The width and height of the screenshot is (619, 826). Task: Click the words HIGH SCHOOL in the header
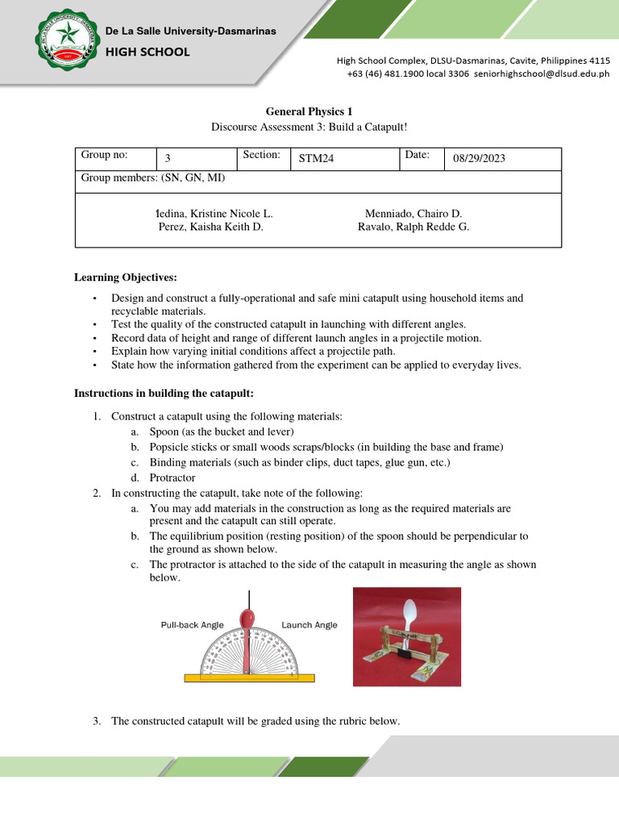148,52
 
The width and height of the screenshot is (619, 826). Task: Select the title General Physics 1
309,111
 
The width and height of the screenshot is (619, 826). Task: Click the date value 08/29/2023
480,159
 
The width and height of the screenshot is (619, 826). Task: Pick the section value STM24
316,159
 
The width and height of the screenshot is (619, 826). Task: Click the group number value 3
168,159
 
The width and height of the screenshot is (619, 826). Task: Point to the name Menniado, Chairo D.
413,214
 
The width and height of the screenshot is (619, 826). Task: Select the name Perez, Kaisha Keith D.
211,227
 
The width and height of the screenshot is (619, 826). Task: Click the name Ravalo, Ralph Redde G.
413,227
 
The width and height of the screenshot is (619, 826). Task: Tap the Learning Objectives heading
125,277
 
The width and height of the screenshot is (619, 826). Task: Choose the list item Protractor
172,478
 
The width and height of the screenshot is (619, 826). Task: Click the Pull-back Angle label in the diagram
193,625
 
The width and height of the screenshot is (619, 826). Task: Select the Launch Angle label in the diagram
309,625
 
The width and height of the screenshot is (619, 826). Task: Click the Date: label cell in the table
422,156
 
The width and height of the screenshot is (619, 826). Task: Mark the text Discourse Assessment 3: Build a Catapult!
309,127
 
